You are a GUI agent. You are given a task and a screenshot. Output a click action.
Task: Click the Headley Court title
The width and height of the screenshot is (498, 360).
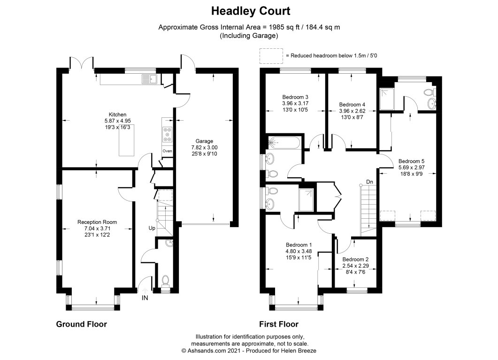point(251,11)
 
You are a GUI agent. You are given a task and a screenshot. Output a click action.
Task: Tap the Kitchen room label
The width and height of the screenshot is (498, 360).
point(117,115)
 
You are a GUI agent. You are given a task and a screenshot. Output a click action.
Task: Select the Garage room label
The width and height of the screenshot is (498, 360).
point(204,141)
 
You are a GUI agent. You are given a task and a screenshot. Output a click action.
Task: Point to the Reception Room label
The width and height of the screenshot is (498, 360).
point(97,222)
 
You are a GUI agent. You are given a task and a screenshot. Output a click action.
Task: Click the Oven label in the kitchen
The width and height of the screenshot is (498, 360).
point(168,151)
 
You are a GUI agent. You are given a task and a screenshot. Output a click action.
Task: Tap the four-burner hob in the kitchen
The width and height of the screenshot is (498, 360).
point(168,135)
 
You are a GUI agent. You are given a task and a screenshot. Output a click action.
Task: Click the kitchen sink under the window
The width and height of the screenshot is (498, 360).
point(149,79)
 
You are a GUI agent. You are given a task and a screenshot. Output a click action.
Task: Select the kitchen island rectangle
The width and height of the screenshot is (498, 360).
point(126,140)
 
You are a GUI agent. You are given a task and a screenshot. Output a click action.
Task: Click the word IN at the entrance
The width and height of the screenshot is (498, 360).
point(145,298)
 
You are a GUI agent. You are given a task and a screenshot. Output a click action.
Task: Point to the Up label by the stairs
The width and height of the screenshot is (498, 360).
point(152,228)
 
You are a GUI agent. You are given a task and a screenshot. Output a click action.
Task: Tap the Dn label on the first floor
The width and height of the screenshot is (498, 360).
point(369,182)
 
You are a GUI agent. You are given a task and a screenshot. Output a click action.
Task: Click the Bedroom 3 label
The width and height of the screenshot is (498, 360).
point(295,97)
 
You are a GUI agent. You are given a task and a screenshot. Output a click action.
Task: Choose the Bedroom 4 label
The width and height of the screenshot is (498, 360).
point(352,105)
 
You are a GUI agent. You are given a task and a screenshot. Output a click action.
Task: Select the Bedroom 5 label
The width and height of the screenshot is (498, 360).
point(411,161)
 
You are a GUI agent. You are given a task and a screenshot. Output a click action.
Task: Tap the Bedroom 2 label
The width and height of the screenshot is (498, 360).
point(355,260)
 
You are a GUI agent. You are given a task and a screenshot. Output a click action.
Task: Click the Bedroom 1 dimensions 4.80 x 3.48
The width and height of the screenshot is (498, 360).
point(299,252)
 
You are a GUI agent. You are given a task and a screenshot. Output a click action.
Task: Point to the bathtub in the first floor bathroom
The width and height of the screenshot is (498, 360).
point(284,143)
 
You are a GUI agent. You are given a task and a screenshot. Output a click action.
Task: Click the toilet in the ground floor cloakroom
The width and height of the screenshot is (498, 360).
point(166,281)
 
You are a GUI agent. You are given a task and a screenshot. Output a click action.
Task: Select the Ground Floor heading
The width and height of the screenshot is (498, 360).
point(82,324)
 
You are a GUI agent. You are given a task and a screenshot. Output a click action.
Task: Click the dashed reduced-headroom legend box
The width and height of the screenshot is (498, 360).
point(271,55)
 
